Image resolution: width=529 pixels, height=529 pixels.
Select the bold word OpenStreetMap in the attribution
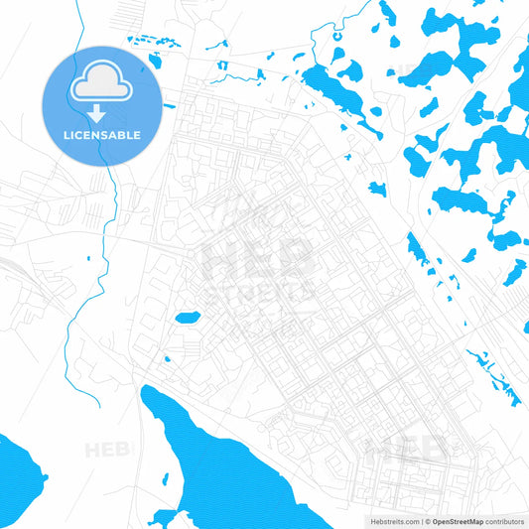(x=456, y=521)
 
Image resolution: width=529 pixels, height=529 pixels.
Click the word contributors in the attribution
(x=504, y=521)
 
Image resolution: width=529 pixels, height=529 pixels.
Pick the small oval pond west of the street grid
(x=187, y=318)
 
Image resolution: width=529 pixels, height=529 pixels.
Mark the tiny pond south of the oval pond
(x=167, y=358)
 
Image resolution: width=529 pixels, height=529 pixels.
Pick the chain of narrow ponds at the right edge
(x=496, y=377)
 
